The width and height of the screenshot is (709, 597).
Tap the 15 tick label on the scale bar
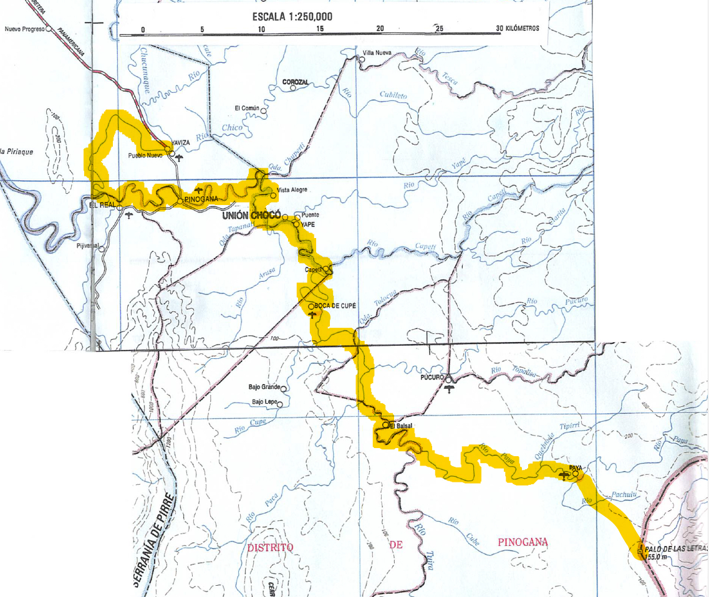point(320,29)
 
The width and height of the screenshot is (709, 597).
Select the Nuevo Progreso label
point(24,29)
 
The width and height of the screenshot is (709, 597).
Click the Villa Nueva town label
point(377,52)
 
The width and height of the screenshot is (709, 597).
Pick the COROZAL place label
point(296,82)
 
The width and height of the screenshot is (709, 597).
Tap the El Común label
point(246,108)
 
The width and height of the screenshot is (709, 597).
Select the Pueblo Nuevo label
point(145,155)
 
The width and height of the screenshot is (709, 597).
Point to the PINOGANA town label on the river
point(201,199)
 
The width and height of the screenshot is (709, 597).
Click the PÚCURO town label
point(432,378)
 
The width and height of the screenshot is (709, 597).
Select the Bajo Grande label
point(264,387)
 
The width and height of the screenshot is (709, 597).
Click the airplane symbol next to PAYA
point(564,476)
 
